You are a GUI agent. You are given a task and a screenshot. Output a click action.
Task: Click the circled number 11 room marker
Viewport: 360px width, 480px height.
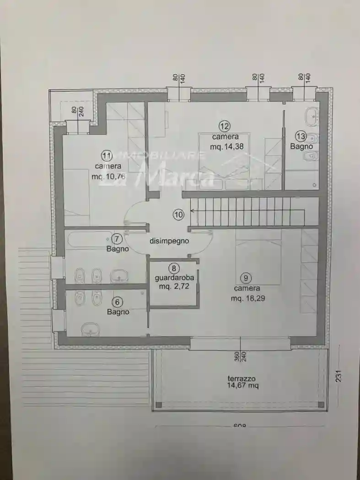coord(107,155)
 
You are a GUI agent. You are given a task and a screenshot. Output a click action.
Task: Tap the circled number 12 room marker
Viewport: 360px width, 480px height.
coord(224,126)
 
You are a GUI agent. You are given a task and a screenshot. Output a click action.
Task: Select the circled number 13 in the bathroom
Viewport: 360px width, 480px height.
coord(301,136)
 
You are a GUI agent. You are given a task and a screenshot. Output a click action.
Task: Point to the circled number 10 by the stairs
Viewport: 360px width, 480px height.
coord(178,213)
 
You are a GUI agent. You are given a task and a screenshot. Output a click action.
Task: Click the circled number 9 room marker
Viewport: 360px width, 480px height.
coord(247,277)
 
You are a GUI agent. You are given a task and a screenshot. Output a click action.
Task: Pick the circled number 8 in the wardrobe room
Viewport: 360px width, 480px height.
coord(174,268)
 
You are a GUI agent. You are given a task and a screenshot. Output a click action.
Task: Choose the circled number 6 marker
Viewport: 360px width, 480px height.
coord(118,302)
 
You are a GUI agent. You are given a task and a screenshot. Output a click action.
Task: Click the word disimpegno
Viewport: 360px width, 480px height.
coord(169,240)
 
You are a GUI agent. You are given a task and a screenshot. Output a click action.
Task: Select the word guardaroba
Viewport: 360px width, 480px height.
coord(174,277)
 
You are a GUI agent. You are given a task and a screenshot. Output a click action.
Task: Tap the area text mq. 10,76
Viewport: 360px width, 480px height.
coord(108,176)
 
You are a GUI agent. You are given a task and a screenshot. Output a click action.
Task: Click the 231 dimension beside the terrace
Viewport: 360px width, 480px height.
coord(339,375)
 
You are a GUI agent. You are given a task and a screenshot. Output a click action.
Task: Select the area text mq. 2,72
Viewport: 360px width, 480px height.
coord(174,287)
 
